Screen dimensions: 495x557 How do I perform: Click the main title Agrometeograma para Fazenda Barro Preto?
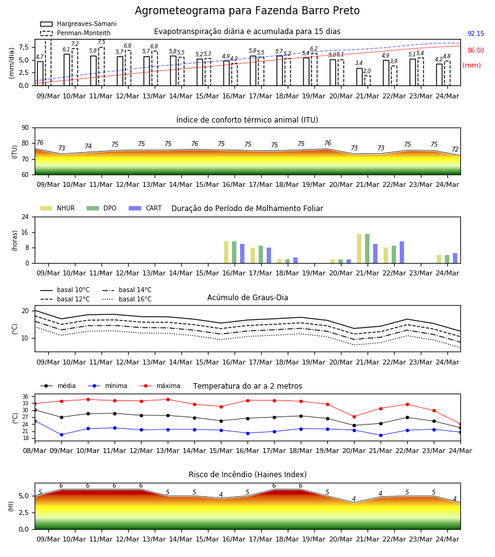click(247, 11)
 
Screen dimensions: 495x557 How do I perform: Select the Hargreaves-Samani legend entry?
click(79, 24)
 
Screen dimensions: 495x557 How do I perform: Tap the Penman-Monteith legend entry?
click(75, 33)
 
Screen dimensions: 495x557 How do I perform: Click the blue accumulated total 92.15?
click(476, 34)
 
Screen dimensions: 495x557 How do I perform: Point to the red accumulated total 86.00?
click(476, 51)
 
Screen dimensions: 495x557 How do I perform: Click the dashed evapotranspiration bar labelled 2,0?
click(367, 80)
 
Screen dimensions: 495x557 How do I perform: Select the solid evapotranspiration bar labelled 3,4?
click(359, 77)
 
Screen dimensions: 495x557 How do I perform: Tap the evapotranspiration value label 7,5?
click(101, 42)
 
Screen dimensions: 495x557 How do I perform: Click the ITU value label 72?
click(455, 150)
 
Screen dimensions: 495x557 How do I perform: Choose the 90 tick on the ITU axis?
click(25, 128)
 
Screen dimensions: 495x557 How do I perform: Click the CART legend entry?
click(145, 208)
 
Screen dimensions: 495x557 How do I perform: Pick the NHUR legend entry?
click(58, 208)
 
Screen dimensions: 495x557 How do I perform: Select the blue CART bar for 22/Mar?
click(402, 253)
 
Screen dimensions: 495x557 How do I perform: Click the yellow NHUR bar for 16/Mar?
click(226, 253)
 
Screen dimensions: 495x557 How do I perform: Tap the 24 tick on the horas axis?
click(25, 217)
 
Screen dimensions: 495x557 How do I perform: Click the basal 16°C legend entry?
click(127, 299)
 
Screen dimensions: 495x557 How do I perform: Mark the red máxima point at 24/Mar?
click(460, 425)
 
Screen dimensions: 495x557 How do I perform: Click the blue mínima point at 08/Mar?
click(35, 421)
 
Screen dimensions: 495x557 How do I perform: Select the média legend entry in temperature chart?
click(58, 386)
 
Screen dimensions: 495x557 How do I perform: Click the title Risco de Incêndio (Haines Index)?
click(247, 475)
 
